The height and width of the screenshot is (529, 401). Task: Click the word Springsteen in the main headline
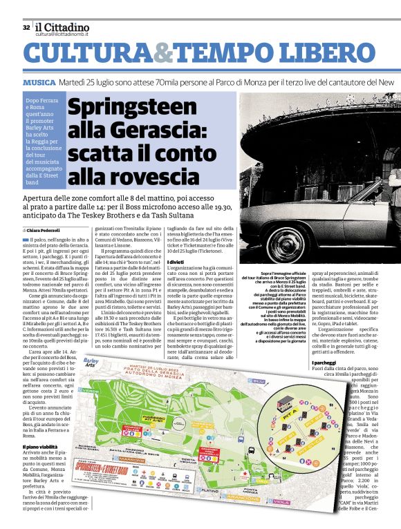(x=132, y=109)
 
